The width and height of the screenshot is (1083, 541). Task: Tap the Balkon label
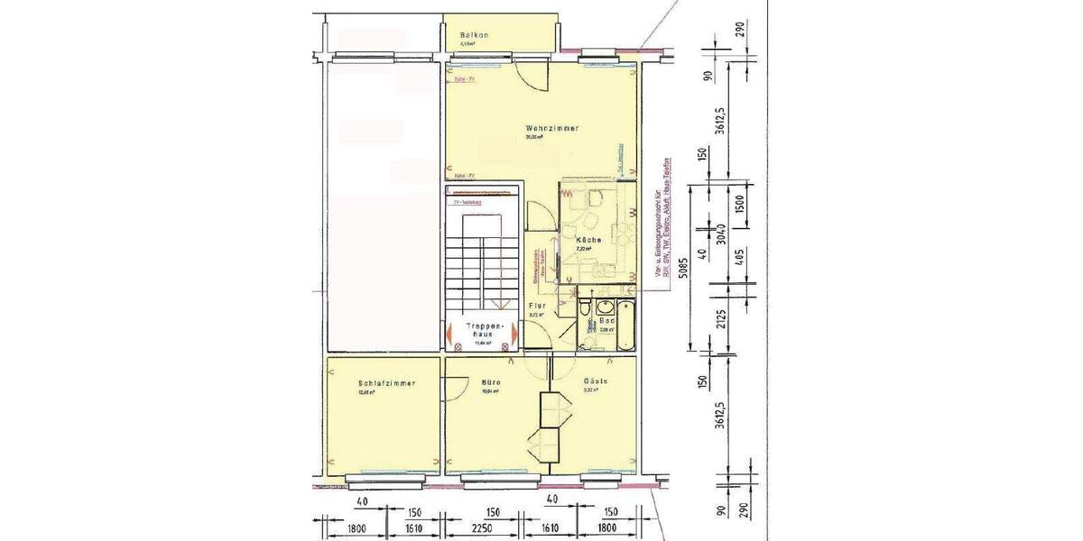(474, 35)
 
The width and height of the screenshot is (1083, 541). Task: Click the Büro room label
(491, 382)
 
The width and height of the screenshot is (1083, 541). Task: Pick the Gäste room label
(596, 381)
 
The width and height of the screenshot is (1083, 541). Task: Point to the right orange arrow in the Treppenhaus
(514, 334)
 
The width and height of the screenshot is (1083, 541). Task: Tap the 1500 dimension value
(740, 205)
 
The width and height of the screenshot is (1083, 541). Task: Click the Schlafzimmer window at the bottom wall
(383, 475)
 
